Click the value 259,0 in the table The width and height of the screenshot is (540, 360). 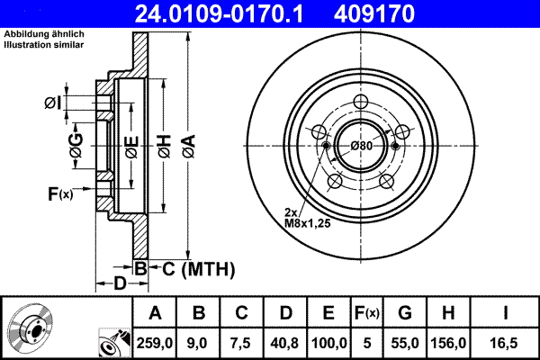point(156,341)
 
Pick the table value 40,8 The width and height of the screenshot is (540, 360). point(286,341)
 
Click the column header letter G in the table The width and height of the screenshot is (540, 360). point(404,312)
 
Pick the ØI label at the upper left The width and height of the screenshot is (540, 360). point(54,103)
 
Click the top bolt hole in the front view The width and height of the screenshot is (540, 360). point(363,102)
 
